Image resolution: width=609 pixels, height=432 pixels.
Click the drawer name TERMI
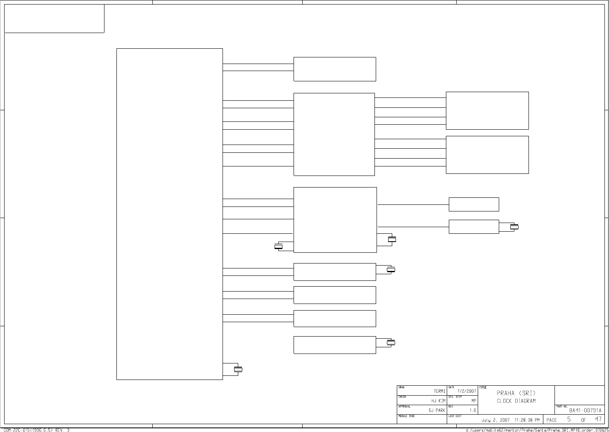[x=439, y=391]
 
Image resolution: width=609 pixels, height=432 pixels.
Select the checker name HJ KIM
[x=438, y=401]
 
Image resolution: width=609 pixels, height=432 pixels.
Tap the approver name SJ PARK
[x=437, y=410]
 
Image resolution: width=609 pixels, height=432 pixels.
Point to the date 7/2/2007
[x=467, y=391]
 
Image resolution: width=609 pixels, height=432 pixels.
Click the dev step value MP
[x=474, y=401]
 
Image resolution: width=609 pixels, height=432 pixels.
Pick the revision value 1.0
[x=473, y=410]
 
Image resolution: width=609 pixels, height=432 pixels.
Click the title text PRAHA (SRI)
[x=516, y=393]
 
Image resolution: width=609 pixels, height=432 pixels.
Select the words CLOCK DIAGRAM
[x=516, y=401]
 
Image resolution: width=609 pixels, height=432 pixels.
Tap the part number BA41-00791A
[x=585, y=411]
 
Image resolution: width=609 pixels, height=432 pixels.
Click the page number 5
[x=569, y=420]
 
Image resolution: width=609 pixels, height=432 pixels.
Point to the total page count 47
[x=598, y=420]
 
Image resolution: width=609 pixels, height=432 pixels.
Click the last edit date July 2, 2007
[x=496, y=420]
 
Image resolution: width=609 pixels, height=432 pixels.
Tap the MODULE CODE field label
[x=406, y=416]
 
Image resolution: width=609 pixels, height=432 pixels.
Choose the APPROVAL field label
[x=404, y=406]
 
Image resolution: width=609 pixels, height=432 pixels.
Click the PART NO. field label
[x=562, y=406]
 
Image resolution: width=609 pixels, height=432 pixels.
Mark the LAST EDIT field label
[x=455, y=416]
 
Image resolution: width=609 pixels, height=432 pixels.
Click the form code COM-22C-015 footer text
[x=37, y=430]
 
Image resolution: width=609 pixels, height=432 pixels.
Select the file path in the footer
[x=537, y=430]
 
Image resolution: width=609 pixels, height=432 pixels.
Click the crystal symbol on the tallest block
[x=238, y=369]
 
